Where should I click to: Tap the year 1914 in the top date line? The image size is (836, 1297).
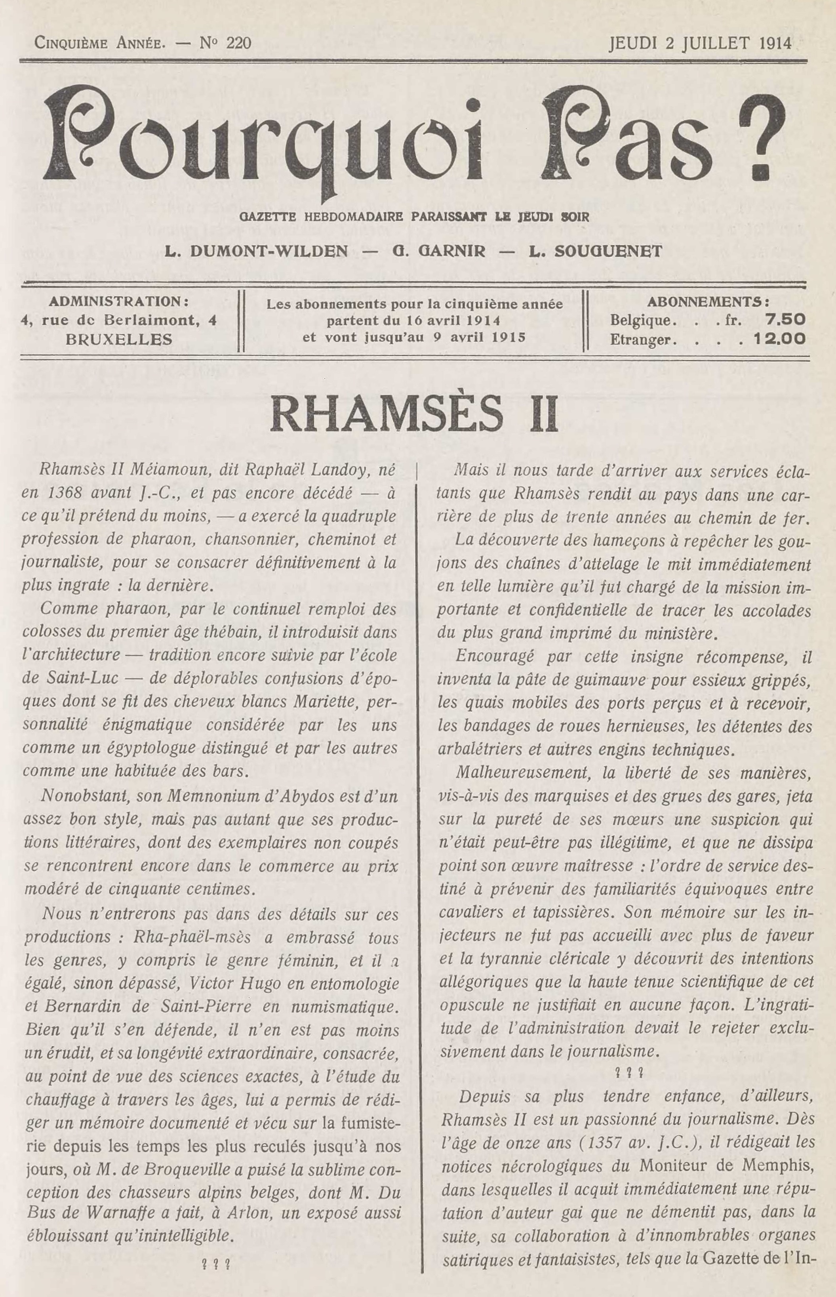click(x=773, y=43)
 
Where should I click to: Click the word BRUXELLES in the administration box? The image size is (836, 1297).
click(x=118, y=340)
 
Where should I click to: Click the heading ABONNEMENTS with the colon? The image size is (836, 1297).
click(x=708, y=301)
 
